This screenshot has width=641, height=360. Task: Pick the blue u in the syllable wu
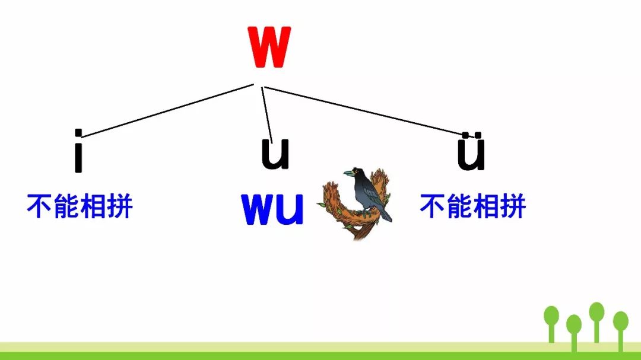[290, 210]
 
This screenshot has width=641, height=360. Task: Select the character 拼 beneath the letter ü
[513, 207]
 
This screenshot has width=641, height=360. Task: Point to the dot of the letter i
[78, 133]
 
